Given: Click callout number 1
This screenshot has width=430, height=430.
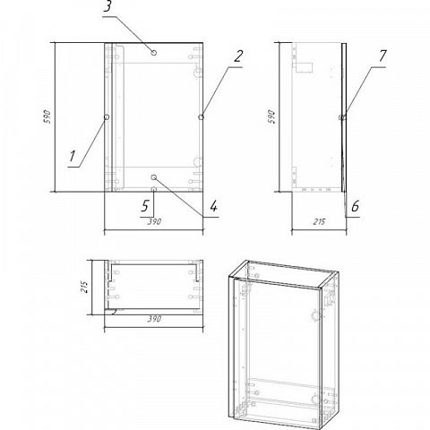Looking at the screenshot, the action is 72,156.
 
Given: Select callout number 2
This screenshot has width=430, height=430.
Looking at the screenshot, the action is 237,56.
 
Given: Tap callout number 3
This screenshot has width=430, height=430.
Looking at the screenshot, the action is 107,6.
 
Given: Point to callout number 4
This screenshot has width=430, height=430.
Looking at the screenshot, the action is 213,206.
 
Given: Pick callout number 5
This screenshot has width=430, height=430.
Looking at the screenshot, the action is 145,206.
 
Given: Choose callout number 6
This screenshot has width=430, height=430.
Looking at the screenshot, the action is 355,206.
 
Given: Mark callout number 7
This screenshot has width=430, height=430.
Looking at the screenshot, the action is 383,56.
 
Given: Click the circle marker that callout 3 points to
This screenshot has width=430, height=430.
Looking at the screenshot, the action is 154,53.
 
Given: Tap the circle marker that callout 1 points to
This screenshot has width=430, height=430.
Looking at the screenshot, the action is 107,117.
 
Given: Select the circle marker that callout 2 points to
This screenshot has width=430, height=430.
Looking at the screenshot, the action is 201,117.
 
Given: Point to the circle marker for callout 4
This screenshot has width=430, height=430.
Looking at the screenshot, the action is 154,177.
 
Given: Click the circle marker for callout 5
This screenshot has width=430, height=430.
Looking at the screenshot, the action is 154,189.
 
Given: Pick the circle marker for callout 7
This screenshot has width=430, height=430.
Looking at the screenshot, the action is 342,117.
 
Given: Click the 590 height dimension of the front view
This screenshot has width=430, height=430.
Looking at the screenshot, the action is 47,116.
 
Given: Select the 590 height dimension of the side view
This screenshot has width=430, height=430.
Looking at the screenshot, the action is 271,116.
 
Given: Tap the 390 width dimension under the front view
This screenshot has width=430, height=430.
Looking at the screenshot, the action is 154,222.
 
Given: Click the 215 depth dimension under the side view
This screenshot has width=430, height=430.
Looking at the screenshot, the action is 319,222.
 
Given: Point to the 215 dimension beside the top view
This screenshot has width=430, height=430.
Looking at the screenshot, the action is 84,287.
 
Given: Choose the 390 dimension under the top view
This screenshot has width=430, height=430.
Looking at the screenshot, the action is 154,319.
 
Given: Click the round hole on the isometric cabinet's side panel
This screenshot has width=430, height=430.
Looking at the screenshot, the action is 314,315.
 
